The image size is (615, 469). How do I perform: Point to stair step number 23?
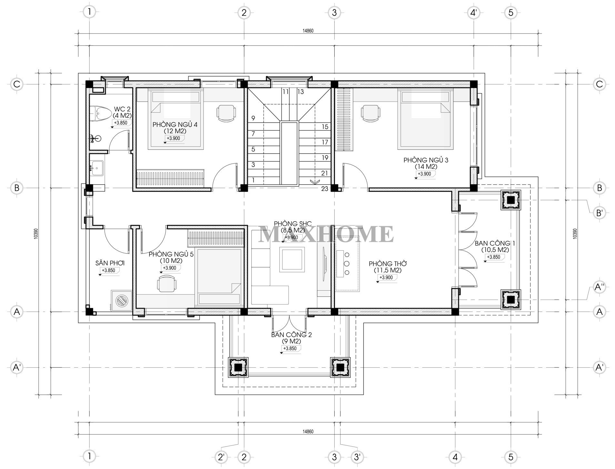325,189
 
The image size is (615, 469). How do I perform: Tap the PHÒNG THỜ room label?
388,267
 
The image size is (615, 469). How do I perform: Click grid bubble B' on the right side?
600,213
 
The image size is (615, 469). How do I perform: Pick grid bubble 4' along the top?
473,13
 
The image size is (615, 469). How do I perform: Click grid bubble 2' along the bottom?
221,457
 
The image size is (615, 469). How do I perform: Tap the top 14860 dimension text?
308,31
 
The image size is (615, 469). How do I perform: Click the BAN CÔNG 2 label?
291,338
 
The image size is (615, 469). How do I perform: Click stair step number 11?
285,92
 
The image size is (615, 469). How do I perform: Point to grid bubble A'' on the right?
600,287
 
